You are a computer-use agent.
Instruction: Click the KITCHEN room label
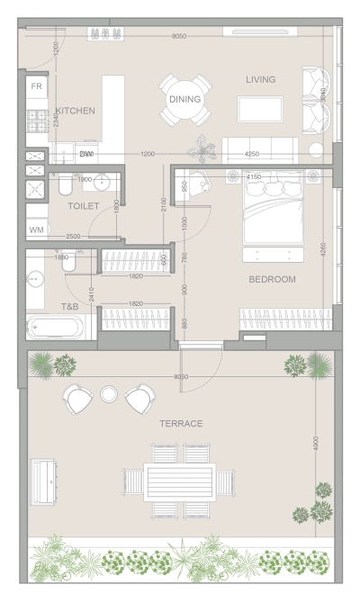[74, 111]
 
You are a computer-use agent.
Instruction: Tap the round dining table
[186, 102]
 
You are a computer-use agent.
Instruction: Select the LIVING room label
[260, 79]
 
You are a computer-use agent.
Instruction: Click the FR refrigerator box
[37, 86]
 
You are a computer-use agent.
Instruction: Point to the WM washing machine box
[37, 230]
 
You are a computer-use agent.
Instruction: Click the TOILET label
[83, 206]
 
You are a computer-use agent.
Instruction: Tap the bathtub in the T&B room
[55, 328]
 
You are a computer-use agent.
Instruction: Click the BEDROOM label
[271, 279]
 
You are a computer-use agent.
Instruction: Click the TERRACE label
[180, 423]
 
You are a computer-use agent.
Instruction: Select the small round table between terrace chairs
[109, 394]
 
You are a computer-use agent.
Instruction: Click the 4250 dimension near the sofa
[251, 155]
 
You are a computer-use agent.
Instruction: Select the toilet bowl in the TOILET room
[65, 185]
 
